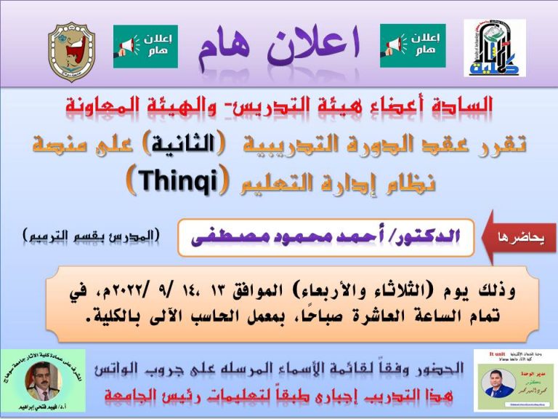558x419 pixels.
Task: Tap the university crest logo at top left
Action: (71, 50)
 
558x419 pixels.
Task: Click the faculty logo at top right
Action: (494, 48)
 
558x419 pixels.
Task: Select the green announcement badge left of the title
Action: (145, 46)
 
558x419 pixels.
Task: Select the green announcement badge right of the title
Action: (413, 46)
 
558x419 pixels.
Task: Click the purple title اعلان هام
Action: (280, 45)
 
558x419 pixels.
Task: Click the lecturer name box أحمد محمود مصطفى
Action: (326, 237)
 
